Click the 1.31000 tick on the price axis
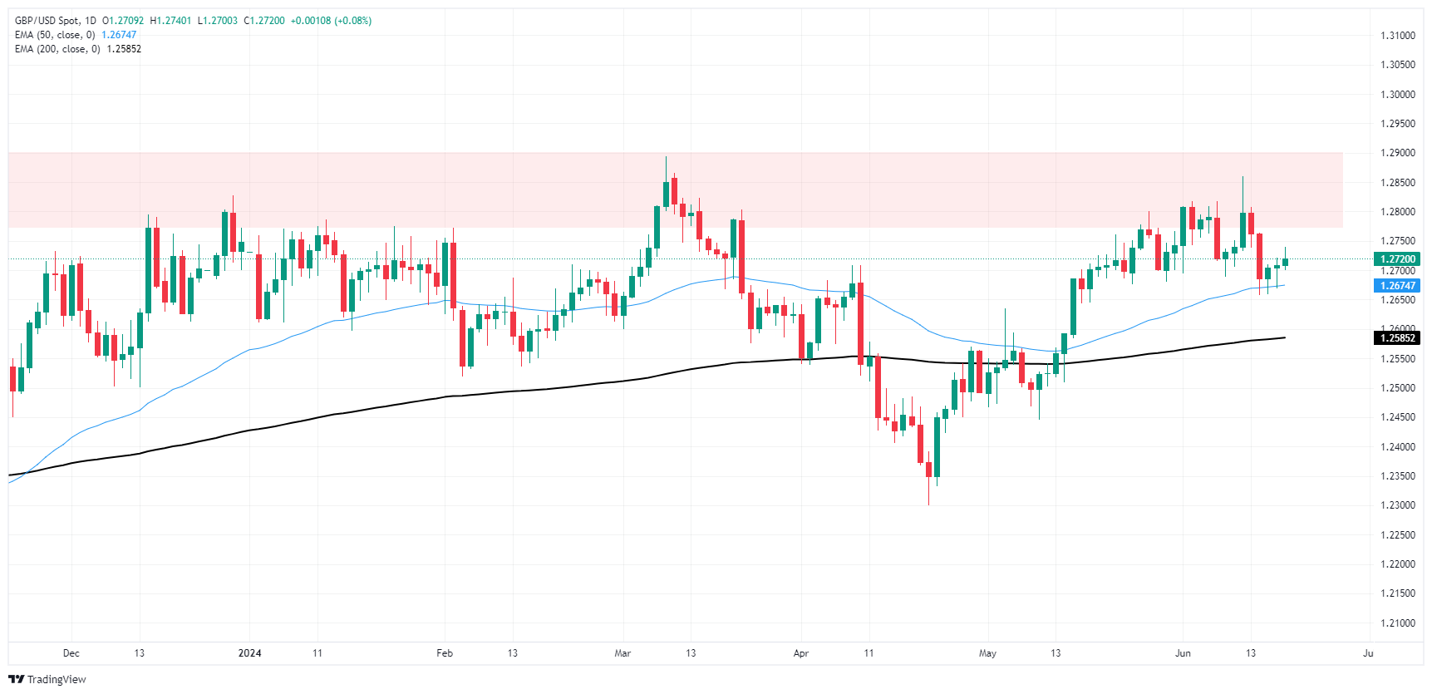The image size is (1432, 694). click(x=1397, y=36)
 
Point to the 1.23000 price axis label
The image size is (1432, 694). click(x=1397, y=505)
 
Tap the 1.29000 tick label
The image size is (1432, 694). click(x=1397, y=153)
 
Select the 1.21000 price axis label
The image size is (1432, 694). click(x=1397, y=623)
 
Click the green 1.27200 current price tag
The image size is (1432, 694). click(x=1398, y=259)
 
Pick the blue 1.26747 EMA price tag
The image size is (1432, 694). click(x=1398, y=286)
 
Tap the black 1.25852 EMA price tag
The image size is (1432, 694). click(x=1398, y=338)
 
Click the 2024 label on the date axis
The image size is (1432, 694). click(x=249, y=653)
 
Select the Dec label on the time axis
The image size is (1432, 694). click(x=71, y=653)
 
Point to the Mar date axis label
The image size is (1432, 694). click(x=623, y=653)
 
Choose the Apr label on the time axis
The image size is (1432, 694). click(x=801, y=653)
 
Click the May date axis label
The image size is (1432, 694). click(x=987, y=653)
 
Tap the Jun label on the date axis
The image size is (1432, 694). click(x=1183, y=653)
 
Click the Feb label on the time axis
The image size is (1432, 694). click(x=445, y=653)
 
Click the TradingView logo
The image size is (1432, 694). click(x=48, y=680)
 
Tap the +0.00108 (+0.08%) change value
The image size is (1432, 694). click(x=331, y=21)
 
